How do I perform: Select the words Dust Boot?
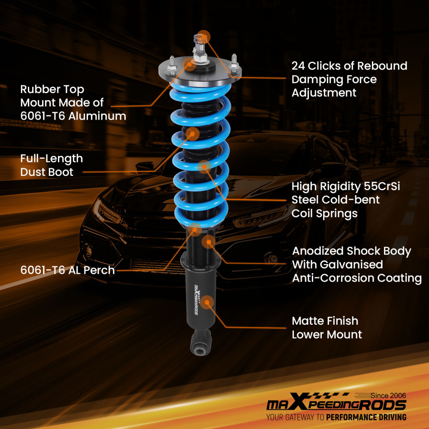click(47, 172)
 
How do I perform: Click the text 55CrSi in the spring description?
click(384, 187)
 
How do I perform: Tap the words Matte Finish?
click(325, 321)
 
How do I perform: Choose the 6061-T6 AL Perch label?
click(67, 270)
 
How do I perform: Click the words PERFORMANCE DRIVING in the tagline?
click(366, 417)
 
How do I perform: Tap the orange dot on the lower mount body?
click(208, 302)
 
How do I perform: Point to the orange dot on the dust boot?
click(192, 133)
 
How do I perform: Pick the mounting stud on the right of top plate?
click(235, 61)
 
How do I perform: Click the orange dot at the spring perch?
click(195, 230)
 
